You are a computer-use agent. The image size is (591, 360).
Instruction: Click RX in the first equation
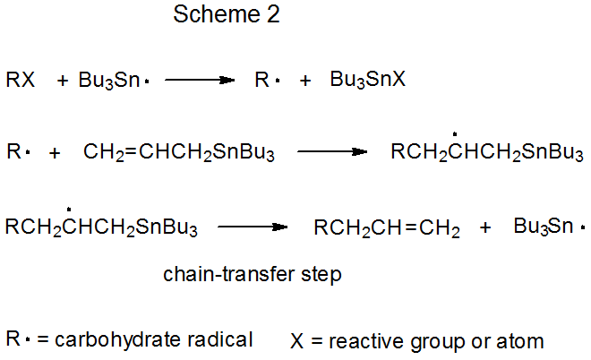[21, 80]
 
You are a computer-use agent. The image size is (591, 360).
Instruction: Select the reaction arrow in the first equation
[199, 80]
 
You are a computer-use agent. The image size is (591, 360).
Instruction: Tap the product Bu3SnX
[367, 80]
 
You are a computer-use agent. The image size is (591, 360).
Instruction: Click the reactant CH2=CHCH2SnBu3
[179, 152]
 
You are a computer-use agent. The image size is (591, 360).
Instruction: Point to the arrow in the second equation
[332, 152]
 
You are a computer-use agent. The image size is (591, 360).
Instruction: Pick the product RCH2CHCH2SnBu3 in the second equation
[487, 152]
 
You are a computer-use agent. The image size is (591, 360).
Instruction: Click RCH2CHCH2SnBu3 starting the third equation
[101, 227]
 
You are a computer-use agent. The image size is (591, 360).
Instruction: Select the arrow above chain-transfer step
[253, 227]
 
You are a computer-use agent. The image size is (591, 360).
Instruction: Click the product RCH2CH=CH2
[387, 228]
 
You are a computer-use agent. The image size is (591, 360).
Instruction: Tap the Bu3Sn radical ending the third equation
[549, 226]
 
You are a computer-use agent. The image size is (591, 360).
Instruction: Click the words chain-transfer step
[252, 275]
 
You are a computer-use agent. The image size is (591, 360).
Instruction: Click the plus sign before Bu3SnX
[305, 80]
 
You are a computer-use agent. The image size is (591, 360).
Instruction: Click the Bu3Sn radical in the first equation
[111, 81]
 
